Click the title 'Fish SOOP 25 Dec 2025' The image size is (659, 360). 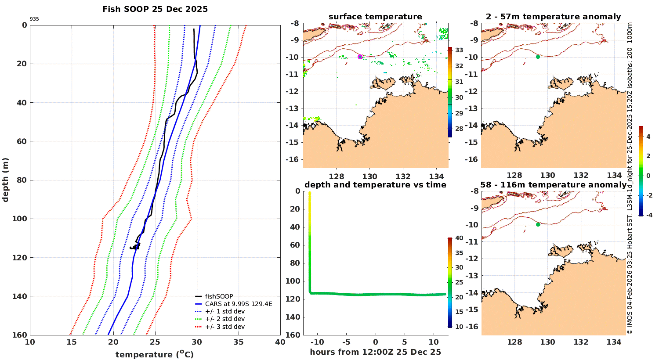(x=155, y=9)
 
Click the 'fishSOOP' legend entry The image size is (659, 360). (x=219, y=296)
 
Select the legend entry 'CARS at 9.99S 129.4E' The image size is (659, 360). (x=239, y=304)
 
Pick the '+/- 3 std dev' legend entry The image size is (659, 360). (x=225, y=327)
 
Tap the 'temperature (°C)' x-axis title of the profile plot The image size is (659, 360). (x=155, y=354)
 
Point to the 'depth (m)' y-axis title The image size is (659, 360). (x=6, y=180)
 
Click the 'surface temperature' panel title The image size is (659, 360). (x=375, y=17)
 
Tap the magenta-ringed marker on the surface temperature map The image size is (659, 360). (x=360, y=57)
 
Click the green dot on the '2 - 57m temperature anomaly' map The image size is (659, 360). (x=538, y=57)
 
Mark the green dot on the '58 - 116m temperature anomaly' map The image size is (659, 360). (x=538, y=224)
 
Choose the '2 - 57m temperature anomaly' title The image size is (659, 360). (x=553, y=17)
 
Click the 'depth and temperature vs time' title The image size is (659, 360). (x=375, y=185)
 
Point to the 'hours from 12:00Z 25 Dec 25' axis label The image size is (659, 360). (x=375, y=352)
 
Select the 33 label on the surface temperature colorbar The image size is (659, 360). (x=459, y=50)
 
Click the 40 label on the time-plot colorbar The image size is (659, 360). (x=459, y=238)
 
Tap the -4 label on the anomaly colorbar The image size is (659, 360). (x=648, y=215)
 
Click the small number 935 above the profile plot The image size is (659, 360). (x=34, y=19)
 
